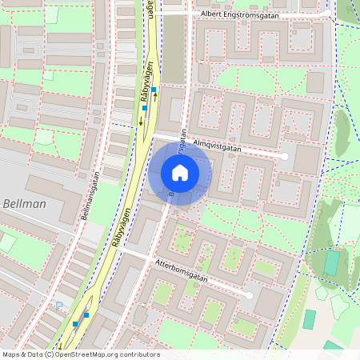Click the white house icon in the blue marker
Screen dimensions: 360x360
pyautogui.click(x=180, y=173)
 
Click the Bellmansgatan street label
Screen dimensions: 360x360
pyautogui.click(x=86, y=196)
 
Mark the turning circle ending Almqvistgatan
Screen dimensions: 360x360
pyautogui.click(x=284, y=155)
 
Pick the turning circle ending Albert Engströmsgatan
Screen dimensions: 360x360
pyautogui.click(x=329, y=14)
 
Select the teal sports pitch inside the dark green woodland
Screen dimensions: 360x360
pyautogui.click(x=331, y=262)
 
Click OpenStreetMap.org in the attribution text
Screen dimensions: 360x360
pyautogui.click(x=87, y=354)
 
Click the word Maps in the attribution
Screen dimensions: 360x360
pyautogui.click(x=11, y=354)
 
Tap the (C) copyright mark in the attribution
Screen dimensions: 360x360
pyautogui.click(x=49, y=354)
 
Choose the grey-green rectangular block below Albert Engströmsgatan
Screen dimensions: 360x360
pyautogui.click(x=173, y=48)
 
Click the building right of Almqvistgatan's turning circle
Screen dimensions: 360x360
pyautogui.click(x=306, y=158)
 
